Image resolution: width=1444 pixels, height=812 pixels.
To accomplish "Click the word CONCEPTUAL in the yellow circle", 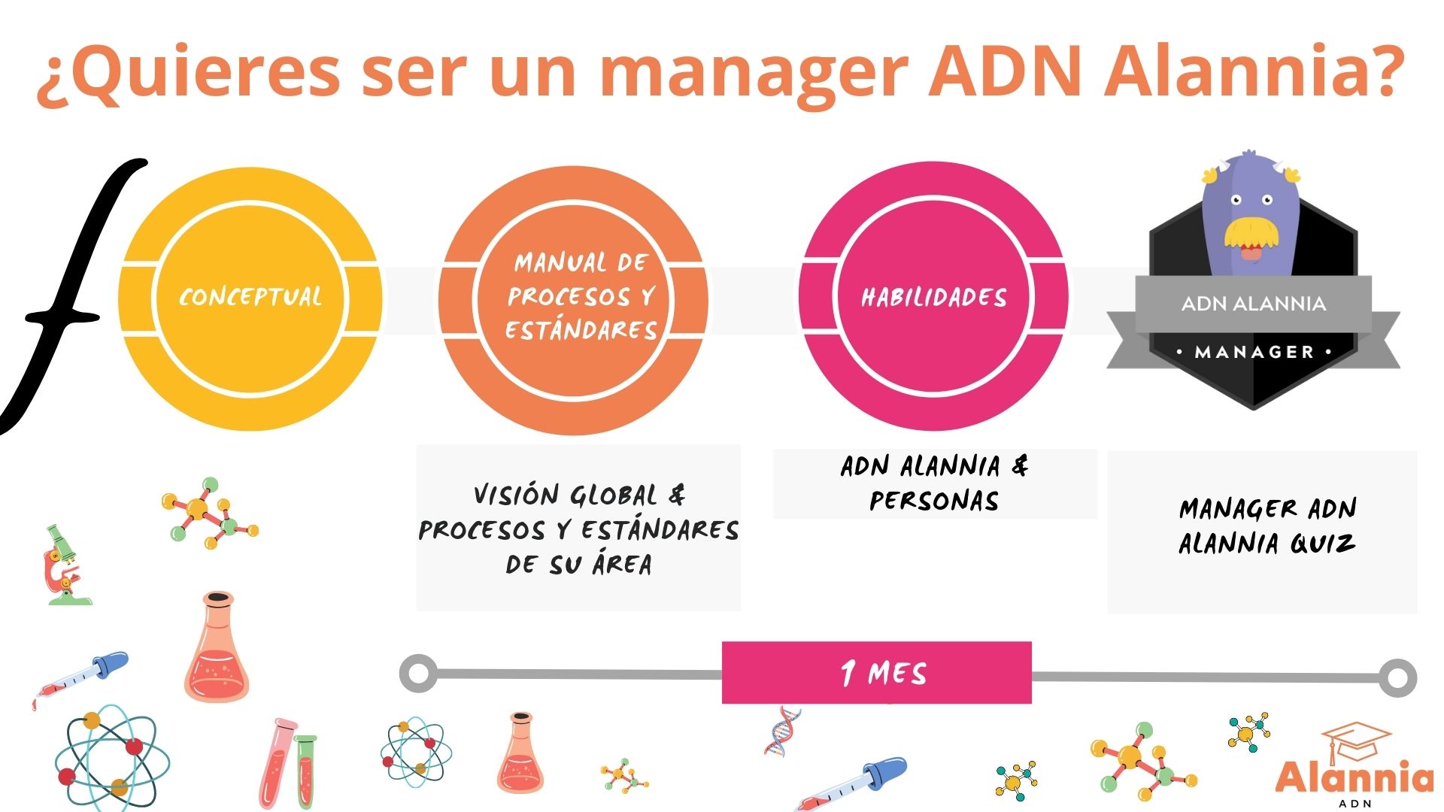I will click(x=250, y=297).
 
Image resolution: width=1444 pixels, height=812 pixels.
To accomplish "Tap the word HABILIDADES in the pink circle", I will click(x=933, y=298).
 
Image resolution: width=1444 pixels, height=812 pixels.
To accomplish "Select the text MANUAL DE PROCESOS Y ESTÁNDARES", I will click(x=580, y=296).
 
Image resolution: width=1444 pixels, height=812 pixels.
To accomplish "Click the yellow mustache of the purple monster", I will click(x=1251, y=232).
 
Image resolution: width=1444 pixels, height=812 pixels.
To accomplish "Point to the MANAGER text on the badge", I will click(x=1254, y=352).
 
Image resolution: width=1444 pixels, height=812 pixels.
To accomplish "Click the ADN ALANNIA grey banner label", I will click(x=1253, y=304).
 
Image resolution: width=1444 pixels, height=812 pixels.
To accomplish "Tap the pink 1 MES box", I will click(x=876, y=672).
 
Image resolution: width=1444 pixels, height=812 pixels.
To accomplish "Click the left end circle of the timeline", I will click(x=418, y=672).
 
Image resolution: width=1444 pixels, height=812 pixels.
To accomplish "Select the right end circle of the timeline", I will click(x=1397, y=677).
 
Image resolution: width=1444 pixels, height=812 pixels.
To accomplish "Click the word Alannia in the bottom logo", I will click(x=1354, y=777).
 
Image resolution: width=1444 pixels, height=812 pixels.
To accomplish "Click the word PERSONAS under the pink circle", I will click(x=934, y=501).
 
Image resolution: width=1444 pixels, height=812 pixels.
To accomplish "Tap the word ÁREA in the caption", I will click(x=621, y=564).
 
